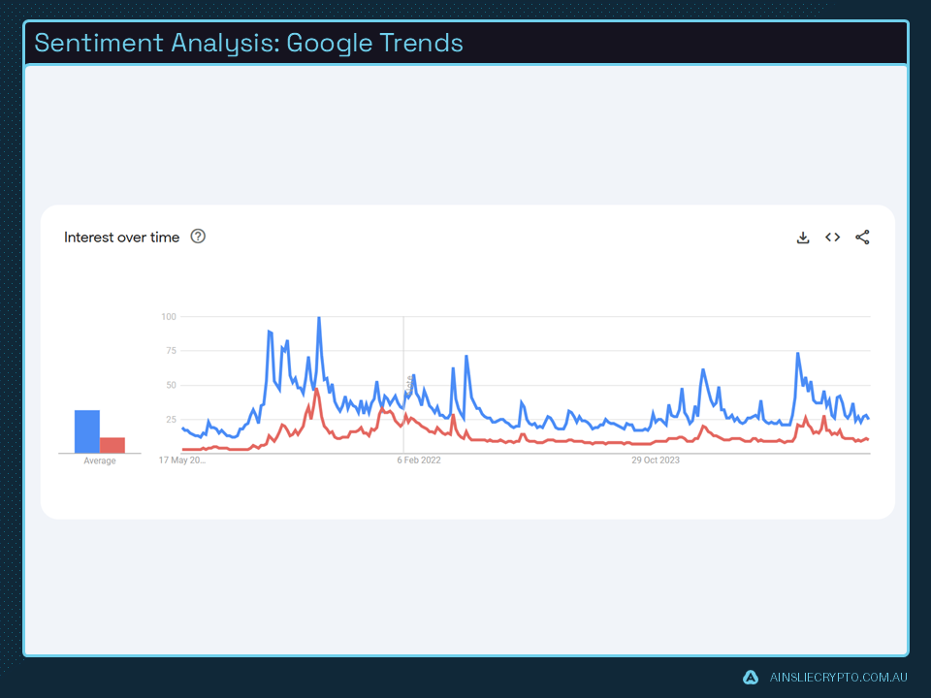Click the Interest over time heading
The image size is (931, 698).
(121, 238)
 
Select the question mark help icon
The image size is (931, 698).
(198, 237)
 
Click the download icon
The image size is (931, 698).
(803, 238)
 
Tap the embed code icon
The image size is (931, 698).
(832, 238)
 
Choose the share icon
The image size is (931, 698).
(862, 238)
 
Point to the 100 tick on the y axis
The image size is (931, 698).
(169, 317)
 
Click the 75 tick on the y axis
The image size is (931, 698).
(171, 351)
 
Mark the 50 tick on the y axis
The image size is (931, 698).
(171, 385)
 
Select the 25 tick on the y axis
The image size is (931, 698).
(171, 420)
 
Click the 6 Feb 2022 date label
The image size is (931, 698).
(419, 460)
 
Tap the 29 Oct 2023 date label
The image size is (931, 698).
(656, 460)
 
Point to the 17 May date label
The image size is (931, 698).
(182, 460)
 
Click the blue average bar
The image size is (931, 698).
(87, 431)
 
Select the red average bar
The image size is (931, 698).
(112, 445)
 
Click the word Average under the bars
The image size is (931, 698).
(100, 461)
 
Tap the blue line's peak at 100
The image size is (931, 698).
(319, 319)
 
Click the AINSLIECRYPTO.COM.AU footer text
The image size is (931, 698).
(837, 678)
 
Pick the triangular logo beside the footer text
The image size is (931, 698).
(751, 678)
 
